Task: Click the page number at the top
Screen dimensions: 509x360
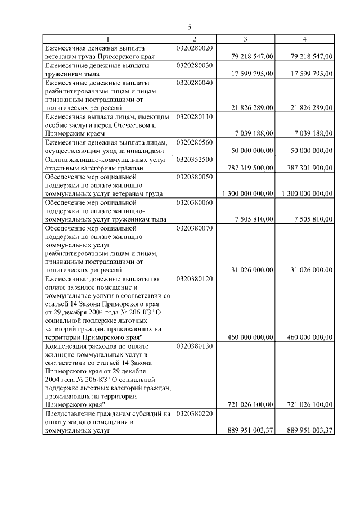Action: coord(190,26)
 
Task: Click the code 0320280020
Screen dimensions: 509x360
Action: coord(194,48)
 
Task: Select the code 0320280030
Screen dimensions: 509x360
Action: coord(194,66)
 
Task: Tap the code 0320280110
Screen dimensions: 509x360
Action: coord(194,116)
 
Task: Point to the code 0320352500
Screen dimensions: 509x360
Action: coord(194,160)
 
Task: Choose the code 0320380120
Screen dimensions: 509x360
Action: coord(194,278)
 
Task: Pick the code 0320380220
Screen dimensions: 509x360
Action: coord(194,413)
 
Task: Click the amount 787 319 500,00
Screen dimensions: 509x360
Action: coord(251,168)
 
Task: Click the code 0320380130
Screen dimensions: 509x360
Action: coord(194,346)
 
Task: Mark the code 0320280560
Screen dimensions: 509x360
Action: coord(194,142)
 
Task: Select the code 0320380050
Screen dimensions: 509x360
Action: coord(194,177)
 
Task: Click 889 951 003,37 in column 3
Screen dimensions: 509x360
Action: coord(251,430)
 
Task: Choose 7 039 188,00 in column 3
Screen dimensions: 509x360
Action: coord(254,133)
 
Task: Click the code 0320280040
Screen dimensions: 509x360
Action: coord(194,83)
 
